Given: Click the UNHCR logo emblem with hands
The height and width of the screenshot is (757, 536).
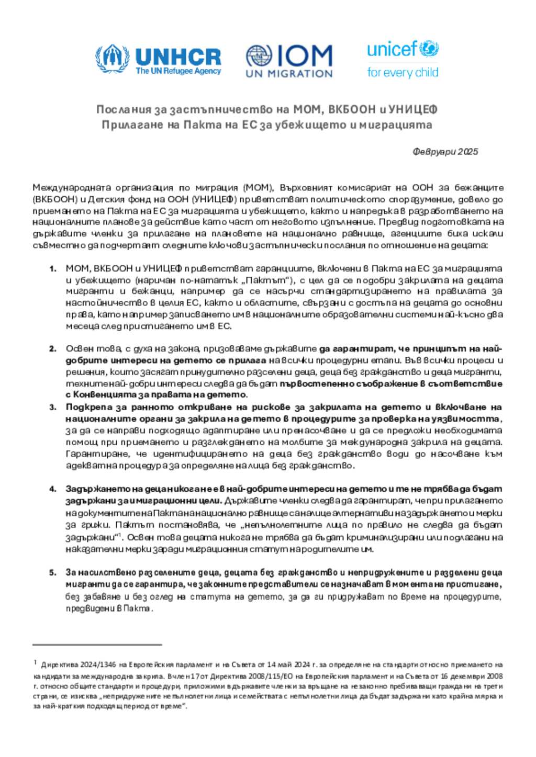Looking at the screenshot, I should pyautogui.click(x=112, y=59).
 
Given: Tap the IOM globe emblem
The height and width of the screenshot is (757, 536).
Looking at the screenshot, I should pyautogui.click(x=259, y=57).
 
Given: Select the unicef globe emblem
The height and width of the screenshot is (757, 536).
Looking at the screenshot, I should pyautogui.click(x=429, y=49).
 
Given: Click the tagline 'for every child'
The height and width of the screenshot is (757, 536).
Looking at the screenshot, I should pyautogui.click(x=403, y=73).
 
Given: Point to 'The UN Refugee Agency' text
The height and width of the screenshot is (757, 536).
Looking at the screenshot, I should pyautogui.click(x=178, y=71).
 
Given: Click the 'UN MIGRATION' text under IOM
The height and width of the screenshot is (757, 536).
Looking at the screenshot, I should pyautogui.click(x=289, y=74).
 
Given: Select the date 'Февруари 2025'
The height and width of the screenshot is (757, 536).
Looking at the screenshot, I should pyautogui.click(x=445, y=152).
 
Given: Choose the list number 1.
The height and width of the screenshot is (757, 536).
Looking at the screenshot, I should pyautogui.click(x=53, y=269).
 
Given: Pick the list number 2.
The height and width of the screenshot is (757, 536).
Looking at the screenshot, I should pyautogui.click(x=53, y=349).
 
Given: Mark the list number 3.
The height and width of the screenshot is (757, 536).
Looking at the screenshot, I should pyautogui.click(x=53, y=407).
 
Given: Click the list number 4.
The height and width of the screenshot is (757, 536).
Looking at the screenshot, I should pyautogui.click(x=53, y=489).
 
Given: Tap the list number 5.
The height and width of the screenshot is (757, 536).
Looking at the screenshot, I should pyautogui.click(x=53, y=572).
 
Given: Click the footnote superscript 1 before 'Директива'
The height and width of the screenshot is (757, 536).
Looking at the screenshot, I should pyautogui.click(x=35, y=663).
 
